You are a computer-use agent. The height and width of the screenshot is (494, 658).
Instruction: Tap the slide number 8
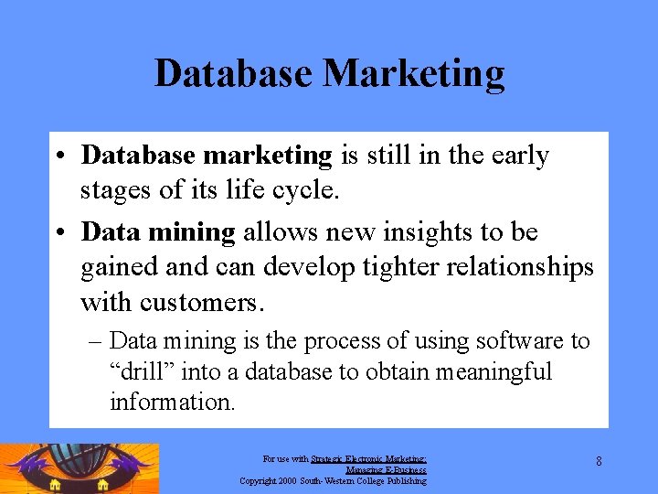pyautogui.click(x=599, y=461)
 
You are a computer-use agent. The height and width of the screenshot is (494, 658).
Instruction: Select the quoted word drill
pyautogui.click(x=143, y=372)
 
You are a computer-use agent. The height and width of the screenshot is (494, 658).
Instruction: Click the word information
pyautogui.click(x=172, y=402)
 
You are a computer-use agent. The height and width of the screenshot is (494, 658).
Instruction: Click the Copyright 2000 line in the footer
pyautogui.click(x=333, y=479)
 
